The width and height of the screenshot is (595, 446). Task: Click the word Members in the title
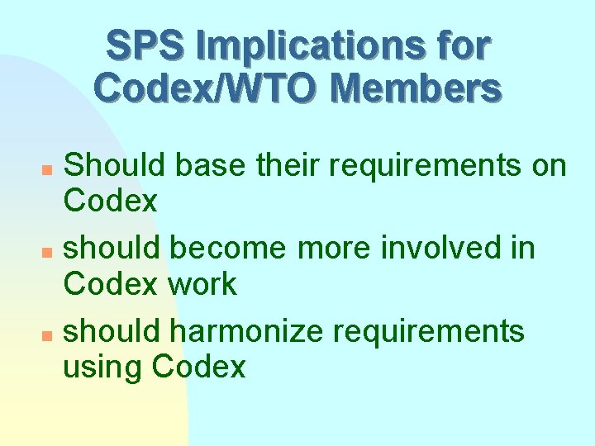pos(418,88)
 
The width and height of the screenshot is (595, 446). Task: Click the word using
pos(103,368)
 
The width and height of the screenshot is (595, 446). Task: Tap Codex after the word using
pos(199,366)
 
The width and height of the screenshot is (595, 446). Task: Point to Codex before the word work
pos(110,283)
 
